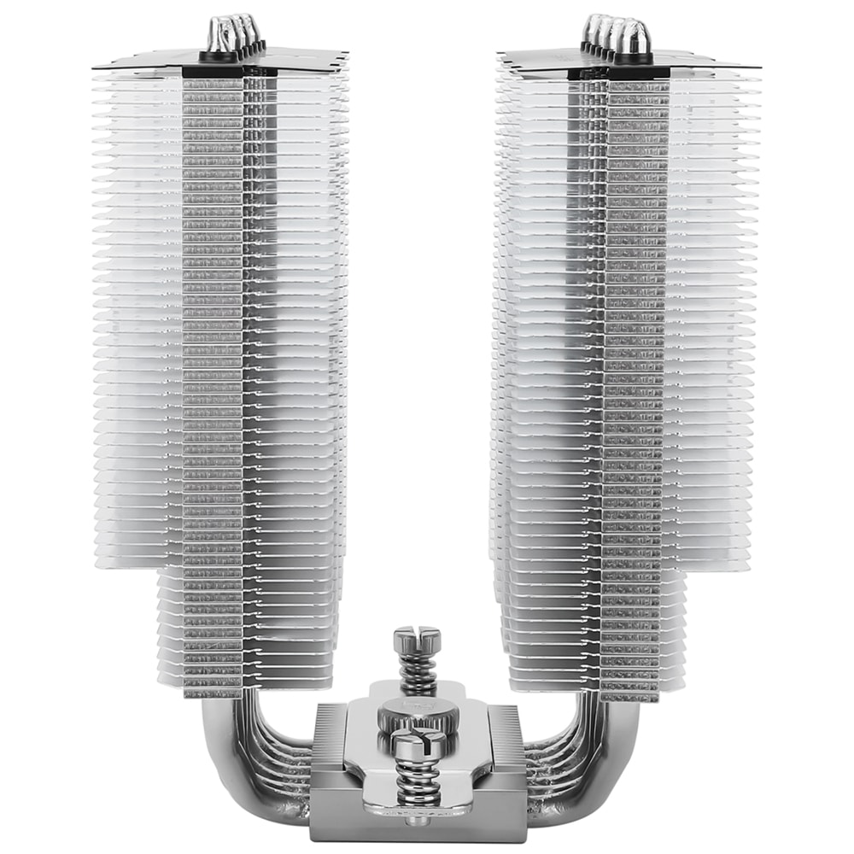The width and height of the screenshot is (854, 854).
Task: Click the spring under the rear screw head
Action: [417, 671]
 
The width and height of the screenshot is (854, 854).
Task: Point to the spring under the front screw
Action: [418, 782]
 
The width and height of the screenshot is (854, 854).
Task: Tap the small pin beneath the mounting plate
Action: [418, 822]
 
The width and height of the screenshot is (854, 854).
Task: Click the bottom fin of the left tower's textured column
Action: [213, 692]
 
